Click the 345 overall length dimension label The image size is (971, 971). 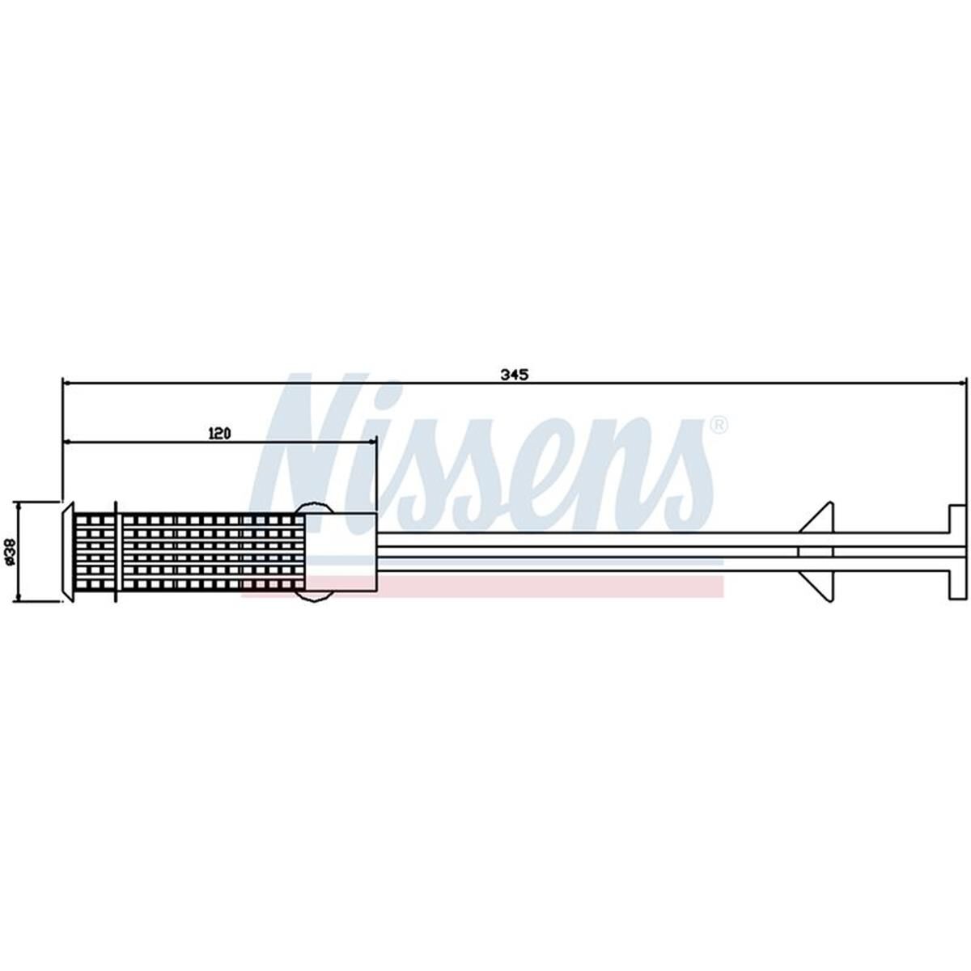pos(514,375)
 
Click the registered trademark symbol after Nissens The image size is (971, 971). pos(718,425)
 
